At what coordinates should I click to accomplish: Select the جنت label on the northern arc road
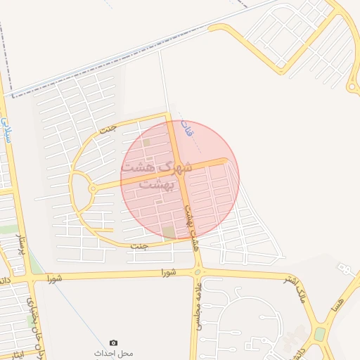[108, 129]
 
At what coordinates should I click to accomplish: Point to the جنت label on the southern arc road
[140, 245]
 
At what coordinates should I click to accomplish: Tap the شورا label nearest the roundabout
[167, 271]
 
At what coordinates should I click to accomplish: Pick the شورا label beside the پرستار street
[55, 278]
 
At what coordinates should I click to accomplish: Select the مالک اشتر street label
[298, 289]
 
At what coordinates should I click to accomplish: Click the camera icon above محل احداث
[114, 342]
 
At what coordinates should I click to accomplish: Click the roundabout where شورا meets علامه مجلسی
[198, 272]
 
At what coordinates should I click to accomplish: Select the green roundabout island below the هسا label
[320, 333]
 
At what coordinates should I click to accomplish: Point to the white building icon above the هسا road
[344, 269]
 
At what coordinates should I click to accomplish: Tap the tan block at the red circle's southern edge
[169, 231]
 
